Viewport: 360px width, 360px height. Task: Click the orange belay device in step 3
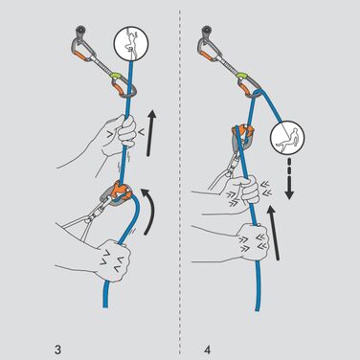pos(125,190)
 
